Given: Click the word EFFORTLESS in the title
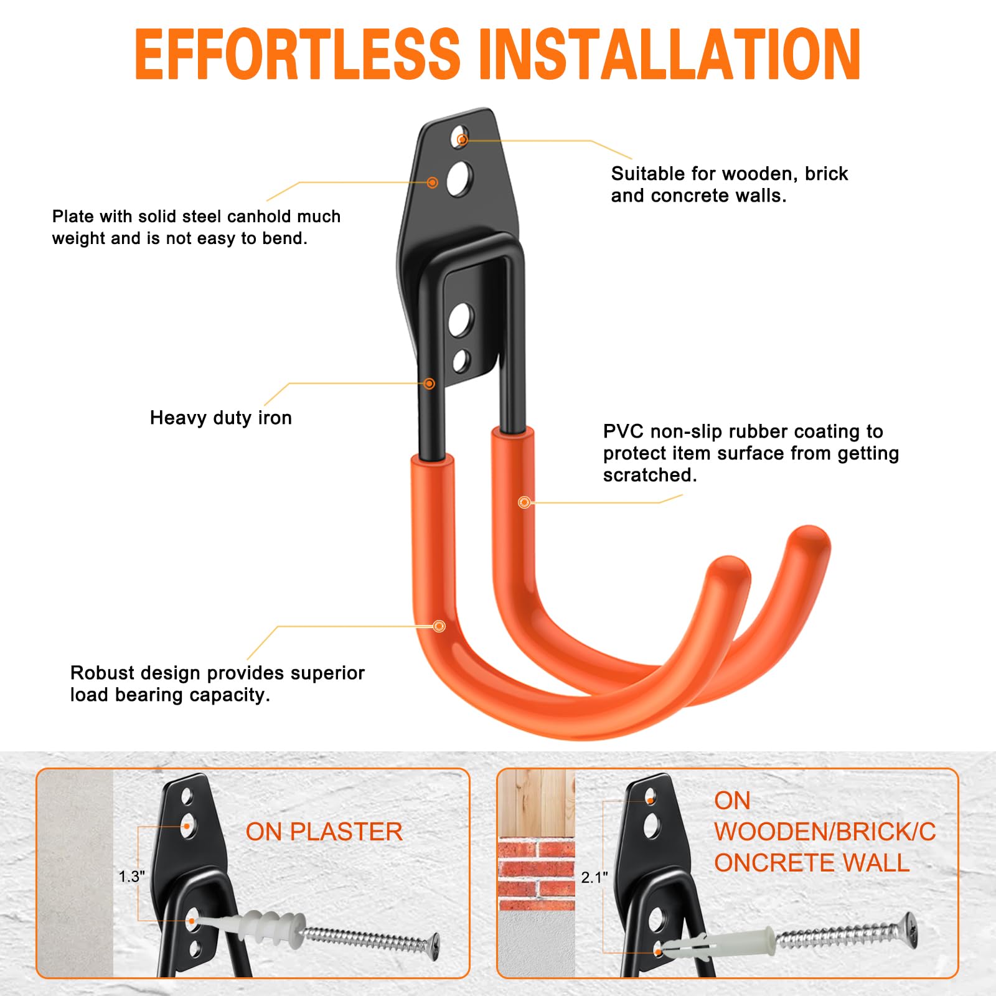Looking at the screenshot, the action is tap(298, 54).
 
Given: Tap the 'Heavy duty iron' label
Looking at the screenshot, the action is tap(221, 418).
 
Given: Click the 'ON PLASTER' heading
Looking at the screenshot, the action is tap(324, 832).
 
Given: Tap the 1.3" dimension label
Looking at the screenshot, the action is tap(132, 876).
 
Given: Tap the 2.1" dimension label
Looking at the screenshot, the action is tap(594, 878).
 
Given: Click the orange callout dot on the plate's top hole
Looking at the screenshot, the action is tap(462, 139).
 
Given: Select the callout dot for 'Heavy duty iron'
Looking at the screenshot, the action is tap(429, 383).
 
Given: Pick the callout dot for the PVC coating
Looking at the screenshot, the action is tap(524, 502).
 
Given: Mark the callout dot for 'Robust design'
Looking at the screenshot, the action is tap(439, 626).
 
